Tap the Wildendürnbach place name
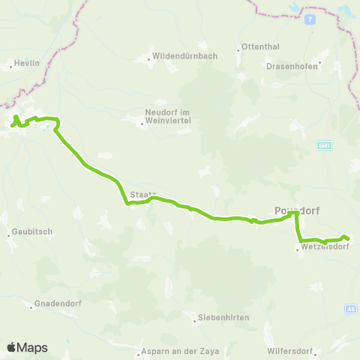180,56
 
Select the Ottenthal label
260,49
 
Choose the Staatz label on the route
140,193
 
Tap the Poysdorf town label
297,211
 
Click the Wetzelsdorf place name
325,246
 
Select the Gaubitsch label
32,232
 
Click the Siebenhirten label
223,318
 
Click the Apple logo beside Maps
11,347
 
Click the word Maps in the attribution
32,347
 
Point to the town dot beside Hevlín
9,66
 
